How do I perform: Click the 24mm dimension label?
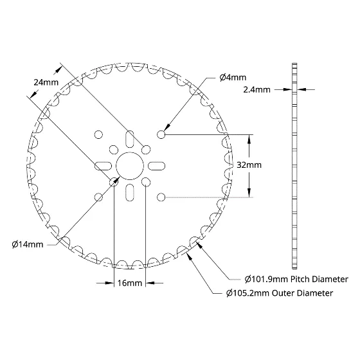pos(46,82)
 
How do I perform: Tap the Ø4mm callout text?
pos(233,77)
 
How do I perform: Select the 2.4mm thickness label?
pos(256,89)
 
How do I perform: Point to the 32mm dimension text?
pos(249,165)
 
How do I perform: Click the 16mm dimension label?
pos(130,283)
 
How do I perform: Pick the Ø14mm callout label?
pos(28,244)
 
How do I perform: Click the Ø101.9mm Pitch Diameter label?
pos(296,279)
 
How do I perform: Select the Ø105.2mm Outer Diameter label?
pos(280,293)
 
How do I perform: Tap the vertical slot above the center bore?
pos(130,139)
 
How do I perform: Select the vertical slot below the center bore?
pos(130,192)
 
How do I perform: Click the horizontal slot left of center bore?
pos(104,166)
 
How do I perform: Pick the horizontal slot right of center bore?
pos(157,166)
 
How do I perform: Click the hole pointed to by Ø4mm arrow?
pos(161,134)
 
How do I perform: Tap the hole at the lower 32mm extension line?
pos(161,197)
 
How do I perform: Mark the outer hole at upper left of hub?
pos(99,134)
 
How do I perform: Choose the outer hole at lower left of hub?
pos(99,197)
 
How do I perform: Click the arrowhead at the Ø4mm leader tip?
pos(167,128)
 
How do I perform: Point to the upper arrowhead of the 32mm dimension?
pos(249,139)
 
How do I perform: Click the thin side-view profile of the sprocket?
pos(294,166)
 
